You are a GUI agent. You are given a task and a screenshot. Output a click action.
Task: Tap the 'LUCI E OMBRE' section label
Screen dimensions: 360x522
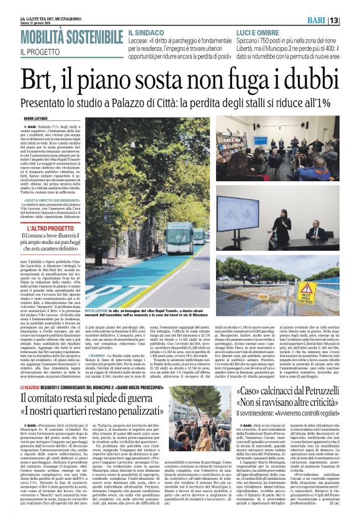coord(258,31)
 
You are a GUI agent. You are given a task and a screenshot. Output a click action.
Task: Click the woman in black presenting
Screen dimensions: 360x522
coord(269,225)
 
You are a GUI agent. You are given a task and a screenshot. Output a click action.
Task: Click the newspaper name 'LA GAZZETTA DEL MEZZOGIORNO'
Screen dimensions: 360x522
coord(47,17)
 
